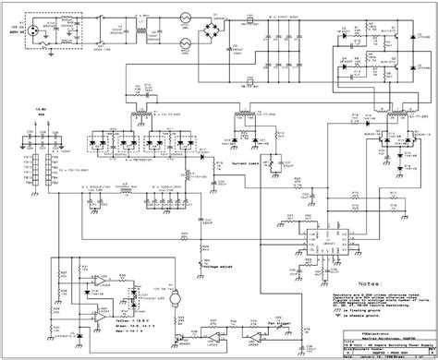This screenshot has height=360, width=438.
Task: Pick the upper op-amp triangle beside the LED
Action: click(x=95, y=280)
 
